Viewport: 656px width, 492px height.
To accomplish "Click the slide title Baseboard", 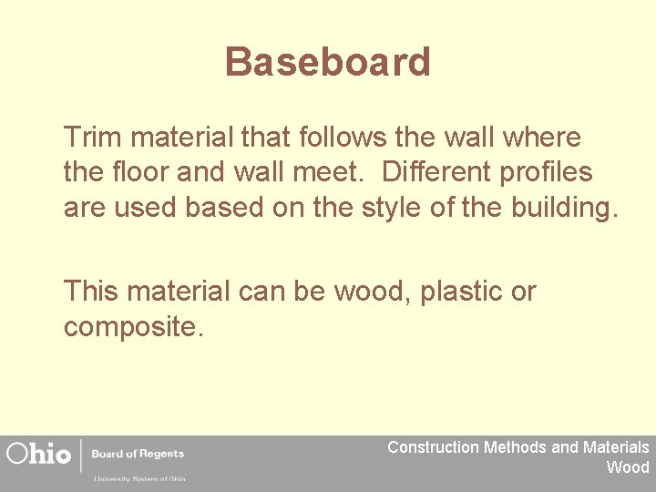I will click(327, 62).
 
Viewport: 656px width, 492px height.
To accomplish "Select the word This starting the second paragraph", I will click(92, 292).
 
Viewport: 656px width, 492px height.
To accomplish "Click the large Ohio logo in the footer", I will click(38, 454).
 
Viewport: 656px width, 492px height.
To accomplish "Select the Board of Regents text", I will click(138, 454).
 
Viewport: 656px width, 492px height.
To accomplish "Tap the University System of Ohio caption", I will click(138, 478).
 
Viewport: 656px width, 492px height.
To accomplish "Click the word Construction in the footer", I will click(433, 447).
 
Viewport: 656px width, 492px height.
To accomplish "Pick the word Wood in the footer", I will click(628, 467).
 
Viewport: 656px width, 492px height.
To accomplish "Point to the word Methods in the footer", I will click(516, 447).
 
